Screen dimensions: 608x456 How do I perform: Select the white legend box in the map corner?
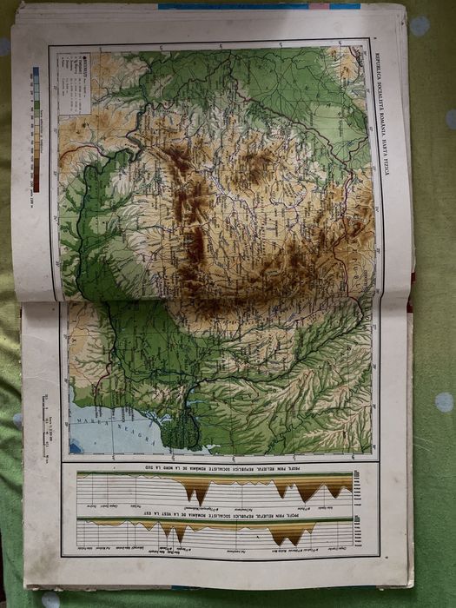pyautogui.click(x=75, y=83)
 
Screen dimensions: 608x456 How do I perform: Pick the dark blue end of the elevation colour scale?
pyautogui.click(x=36, y=71)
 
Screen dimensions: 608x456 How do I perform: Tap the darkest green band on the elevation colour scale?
pyautogui.click(x=36, y=105)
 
